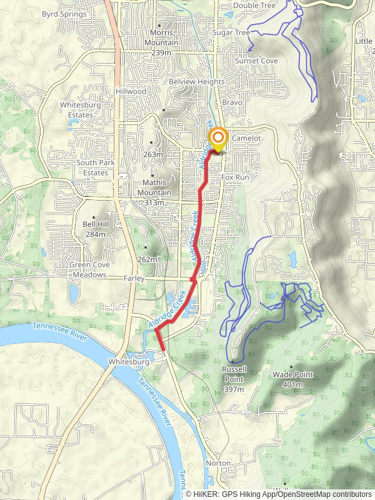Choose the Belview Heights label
point(196,82)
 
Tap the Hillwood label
point(131,91)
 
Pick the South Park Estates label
point(92,167)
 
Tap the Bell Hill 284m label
point(96,229)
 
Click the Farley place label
point(134,278)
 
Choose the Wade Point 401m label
point(292,379)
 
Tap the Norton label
point(219,464)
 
